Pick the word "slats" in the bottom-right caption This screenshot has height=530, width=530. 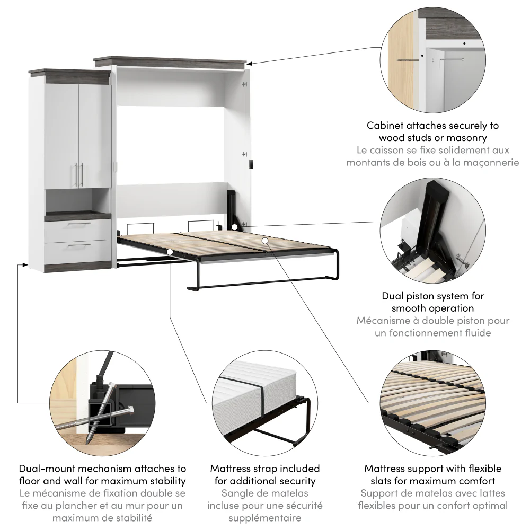(382, 481)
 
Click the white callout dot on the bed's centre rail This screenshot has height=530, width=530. (265, 241)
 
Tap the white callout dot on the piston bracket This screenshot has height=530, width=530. (235, 227)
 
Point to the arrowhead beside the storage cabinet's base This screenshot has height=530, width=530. (24, 264)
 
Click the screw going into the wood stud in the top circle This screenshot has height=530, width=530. (407, 61)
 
